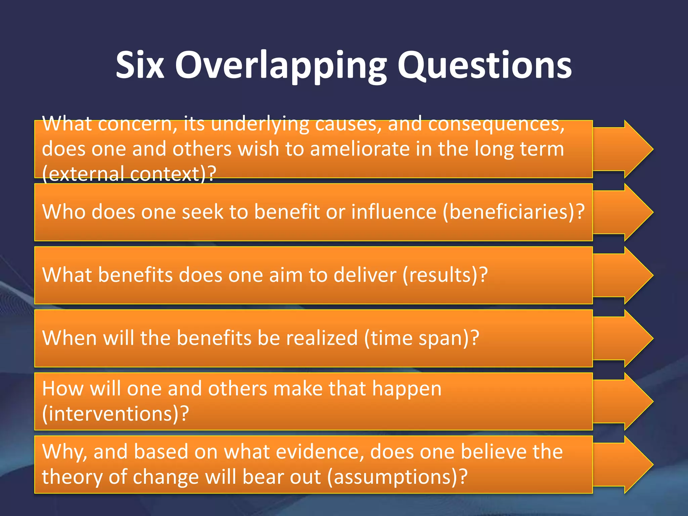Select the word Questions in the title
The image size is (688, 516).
pyautogui.click(x=484, y=65)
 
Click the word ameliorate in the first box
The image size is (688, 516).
pyautogui.click(x=360, y=149)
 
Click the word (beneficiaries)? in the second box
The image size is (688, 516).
pyautogui.click(x=514, y=212)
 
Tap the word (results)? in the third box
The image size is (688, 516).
pyautogui.click(x=445, y=275)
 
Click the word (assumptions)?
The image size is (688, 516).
pyautogui.click(x=397, y=477)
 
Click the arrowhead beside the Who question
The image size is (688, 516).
pyautogui.click(x=632, y=212)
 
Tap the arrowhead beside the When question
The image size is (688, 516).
pyautogui.click(x=632, y=338)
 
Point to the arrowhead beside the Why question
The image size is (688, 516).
pyautogui.click(x=632, y=464)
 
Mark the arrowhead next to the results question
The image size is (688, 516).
pyautogui.click(x=632, y=275)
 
